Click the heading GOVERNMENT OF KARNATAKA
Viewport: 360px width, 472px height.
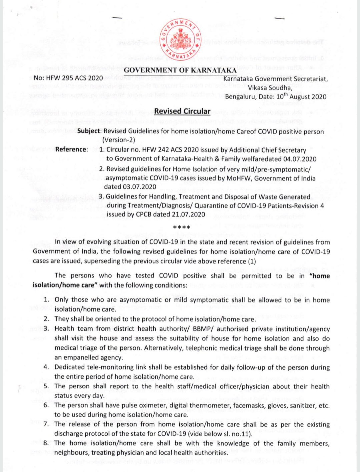click(x=180, y=70)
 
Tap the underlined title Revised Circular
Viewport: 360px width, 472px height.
click(x=182, y=111)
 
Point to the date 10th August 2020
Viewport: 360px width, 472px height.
click(x=301, y=97)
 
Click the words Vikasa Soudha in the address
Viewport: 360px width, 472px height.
click(x=270, y=88)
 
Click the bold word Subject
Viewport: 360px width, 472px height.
click(x=89, y=131)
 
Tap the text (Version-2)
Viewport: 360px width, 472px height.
click(x=119, y=140)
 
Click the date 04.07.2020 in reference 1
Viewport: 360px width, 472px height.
click(x=300, y=159)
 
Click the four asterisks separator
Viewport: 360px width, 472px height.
click(x=182, y=228)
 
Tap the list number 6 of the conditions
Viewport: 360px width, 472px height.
click(x=46, y=405)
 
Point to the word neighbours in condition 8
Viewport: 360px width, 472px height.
click(x=70, y=453)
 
